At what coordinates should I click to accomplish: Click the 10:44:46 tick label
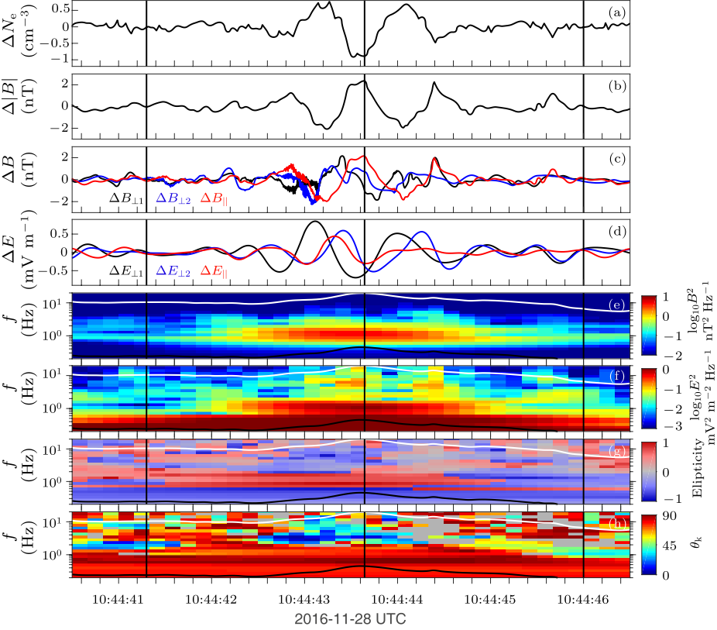pyautogui.click(x=583, y=599)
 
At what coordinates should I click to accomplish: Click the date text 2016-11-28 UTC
pyautogui.click(x=351, y=619)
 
